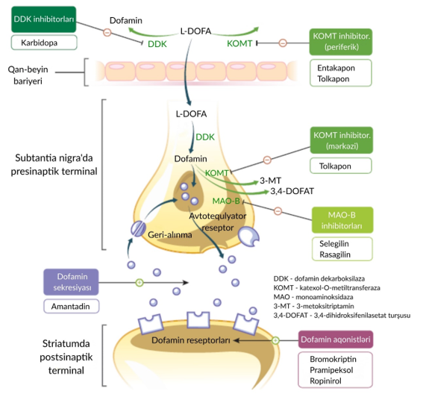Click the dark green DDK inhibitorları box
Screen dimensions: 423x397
[x=44, y=19]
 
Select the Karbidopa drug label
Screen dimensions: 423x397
[x=39, y=43]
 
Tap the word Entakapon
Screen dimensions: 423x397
[x=336, y=68]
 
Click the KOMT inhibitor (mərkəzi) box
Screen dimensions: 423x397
[x=342, y=140]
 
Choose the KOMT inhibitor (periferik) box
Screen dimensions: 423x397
[x=341, y=42]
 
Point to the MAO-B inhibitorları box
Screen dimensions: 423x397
[x=342, y=220]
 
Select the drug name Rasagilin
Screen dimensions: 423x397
[x=335, y=254]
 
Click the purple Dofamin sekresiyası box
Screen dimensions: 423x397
[x=71, y=282]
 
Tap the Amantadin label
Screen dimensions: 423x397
[x=70, y=307]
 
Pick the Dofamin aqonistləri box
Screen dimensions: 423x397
[x=336, y=340]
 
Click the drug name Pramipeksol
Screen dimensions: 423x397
[x=331, y=370]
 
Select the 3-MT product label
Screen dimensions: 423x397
[x=270, y=181]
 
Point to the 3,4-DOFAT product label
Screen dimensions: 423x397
[x=292, y=191]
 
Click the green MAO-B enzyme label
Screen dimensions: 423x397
[x=226, y=201]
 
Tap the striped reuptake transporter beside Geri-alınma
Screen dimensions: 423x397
[x=138, y=229]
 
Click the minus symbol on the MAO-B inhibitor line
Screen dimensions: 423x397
[x=278, y=211]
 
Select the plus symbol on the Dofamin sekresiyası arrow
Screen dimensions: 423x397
[x=140, y=283]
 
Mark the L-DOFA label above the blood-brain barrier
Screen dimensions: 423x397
[x=195, y=31]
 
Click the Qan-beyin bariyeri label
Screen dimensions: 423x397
[x=28, y=75]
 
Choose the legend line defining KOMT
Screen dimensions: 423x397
[x=327, y=288]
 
